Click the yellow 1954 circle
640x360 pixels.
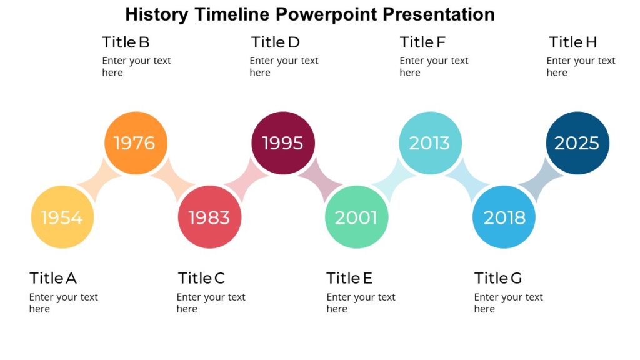coord(62,217)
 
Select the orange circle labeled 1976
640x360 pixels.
coord(135,143)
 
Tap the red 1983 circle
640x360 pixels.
coord(209,217)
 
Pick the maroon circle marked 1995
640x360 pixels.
coord(283,143)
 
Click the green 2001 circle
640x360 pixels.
coord(356,217)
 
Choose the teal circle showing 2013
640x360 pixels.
coord(430,143)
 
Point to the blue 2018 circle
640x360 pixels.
coord(504,217)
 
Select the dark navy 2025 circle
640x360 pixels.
coord(577,143)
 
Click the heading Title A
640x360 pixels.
coord(53,278)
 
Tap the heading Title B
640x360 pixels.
coord(126,42)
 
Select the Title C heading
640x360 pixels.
coord(201,278)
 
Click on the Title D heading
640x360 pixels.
coord(275,42)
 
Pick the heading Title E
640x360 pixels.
coord(349,278)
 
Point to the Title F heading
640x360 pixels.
coord(422,42)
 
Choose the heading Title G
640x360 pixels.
coord(497,278)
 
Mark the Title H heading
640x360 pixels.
coord(572,42)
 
